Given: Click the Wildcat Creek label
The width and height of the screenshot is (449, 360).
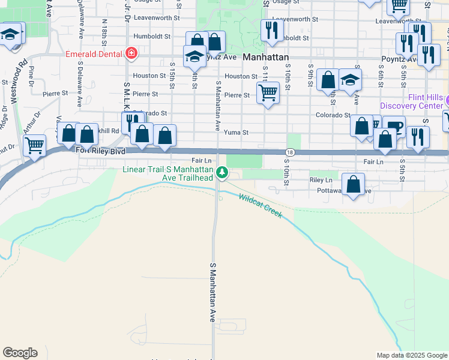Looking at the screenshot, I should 260,205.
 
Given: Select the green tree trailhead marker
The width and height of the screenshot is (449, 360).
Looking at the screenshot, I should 222,173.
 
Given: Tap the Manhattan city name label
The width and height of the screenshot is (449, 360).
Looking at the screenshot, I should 267,58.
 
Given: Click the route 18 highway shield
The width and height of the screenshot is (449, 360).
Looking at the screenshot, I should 290,154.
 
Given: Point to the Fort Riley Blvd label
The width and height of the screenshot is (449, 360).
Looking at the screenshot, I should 101,151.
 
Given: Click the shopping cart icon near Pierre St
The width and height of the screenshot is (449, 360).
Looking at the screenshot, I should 267,92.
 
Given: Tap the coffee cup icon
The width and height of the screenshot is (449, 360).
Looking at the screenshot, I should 394,126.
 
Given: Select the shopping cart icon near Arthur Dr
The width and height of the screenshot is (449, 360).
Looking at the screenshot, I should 34,145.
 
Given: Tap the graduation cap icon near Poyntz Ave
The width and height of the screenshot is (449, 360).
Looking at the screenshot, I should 194,58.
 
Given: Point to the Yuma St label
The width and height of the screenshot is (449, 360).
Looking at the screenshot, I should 236,133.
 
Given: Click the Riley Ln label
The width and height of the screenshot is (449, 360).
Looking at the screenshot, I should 321,180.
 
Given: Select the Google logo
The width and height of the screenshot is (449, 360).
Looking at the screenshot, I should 20,353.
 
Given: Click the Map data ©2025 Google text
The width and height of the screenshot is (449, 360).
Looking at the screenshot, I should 411,355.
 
